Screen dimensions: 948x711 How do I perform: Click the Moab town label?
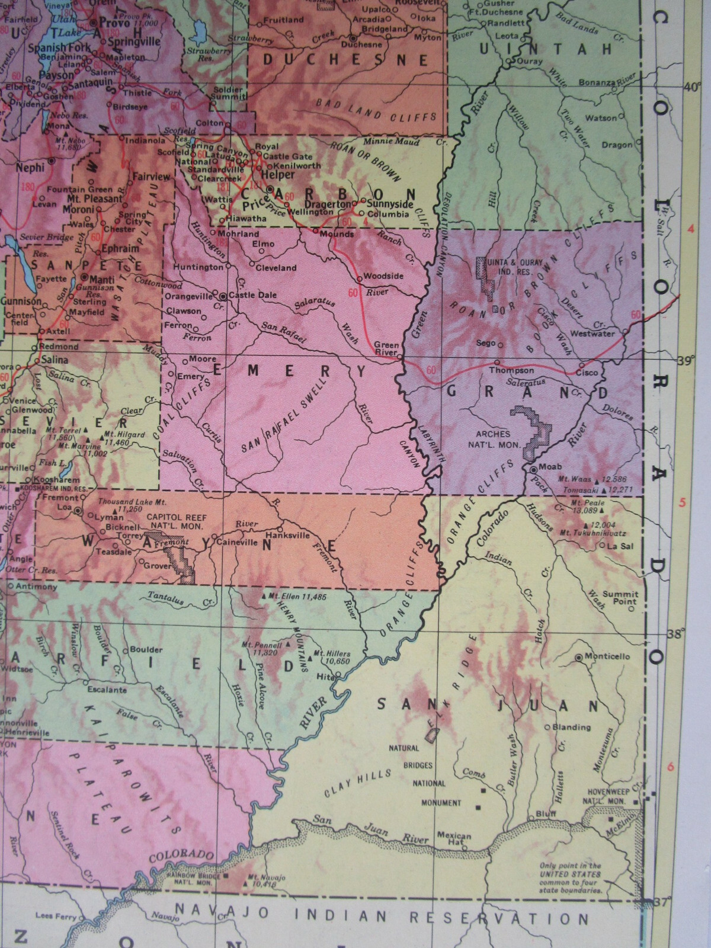tap(550, 467)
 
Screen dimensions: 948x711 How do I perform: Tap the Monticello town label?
tap(607, 656)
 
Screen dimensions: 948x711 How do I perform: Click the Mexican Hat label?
tap(454, 840)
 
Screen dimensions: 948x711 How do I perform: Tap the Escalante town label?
tap(106, 690)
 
